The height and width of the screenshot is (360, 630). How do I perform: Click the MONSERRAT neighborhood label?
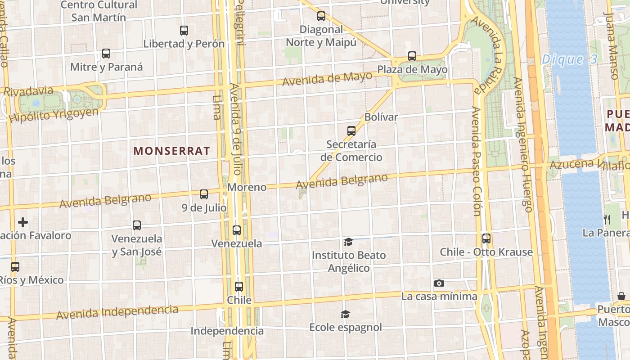[x=171, y=151]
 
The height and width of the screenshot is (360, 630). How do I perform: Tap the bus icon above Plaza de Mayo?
[x=412, y=56]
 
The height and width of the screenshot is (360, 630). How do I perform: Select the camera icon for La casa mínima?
[x=439, y=283]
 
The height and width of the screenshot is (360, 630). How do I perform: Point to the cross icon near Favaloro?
[x=23, y=222]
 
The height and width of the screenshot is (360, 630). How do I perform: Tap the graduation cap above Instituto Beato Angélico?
[x=348, y=242]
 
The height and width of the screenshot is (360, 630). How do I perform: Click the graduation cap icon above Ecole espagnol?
[x=345, y=314]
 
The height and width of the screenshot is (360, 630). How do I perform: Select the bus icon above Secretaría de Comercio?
[x=351, y=131]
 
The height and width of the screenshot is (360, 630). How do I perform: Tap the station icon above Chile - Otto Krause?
[x=486, y=238]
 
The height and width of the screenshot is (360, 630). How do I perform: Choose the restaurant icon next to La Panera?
[x=607, y=219]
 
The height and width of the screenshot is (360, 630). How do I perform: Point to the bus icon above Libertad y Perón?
[x=184, y=31]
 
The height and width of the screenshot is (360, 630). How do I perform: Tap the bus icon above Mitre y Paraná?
[x=106, y=54]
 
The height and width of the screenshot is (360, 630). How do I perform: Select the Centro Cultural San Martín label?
[x=99, y=11]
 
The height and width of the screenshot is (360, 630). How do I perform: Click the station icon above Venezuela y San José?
[x=137, y=225]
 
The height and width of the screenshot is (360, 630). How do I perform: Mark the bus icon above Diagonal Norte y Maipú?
[x=321, y=16]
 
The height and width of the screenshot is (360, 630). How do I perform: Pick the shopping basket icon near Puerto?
[x=621, y=296]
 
